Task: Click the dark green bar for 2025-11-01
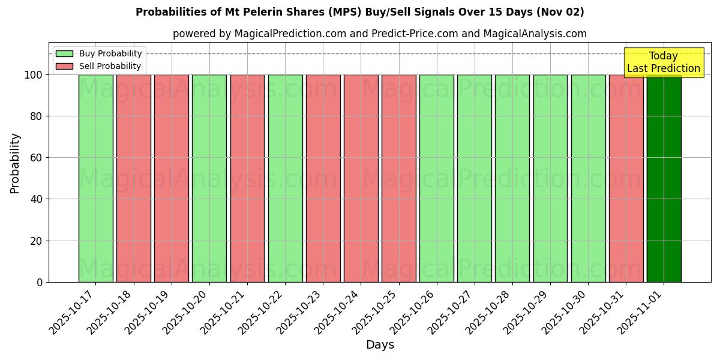(x=664, y=178)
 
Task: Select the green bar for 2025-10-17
(x=95, y=178)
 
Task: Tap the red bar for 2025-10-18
(x=133, y=178)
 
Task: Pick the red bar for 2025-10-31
(x=626, y=178)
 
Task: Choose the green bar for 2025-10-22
(x=285, y=178)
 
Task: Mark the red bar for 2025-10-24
(x=361, y=178)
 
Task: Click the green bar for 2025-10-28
(x=512, y=178)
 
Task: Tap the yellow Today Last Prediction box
(x=663, y=62)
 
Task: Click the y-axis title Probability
(x=15, y=163)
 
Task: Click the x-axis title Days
(x=380, y=345)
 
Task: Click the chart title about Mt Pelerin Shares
(x=359, y=12)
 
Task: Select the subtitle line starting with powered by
(x=379, y=34)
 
